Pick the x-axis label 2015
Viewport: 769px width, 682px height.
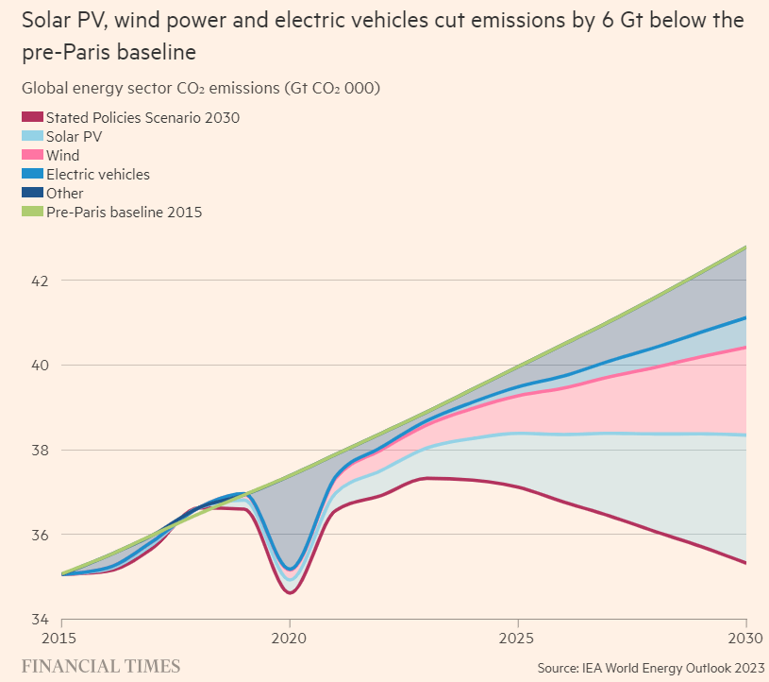pos(61,638)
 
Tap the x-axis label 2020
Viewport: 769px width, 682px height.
pos(290,638)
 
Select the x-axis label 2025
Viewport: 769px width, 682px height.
pos(518,638)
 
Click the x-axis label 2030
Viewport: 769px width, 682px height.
pos(746,638)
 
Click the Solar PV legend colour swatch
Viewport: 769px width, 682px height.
pos(32,137)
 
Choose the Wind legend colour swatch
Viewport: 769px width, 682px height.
pos(32,156)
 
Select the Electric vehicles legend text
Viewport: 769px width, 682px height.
pos(98,175)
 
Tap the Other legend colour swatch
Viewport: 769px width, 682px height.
pos(32,194)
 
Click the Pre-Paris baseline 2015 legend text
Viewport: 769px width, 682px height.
pos(124,213)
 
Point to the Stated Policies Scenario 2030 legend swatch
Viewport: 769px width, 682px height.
pos(32,118)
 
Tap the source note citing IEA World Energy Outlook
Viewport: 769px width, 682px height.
pos(651,668)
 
